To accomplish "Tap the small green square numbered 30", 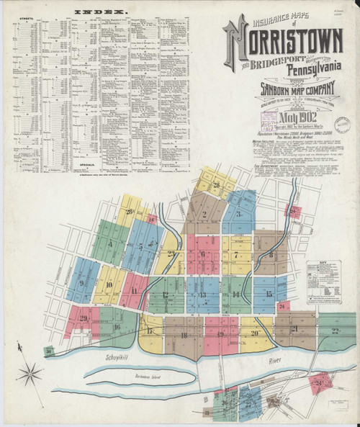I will pyautogui.click(x=49, y=351).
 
